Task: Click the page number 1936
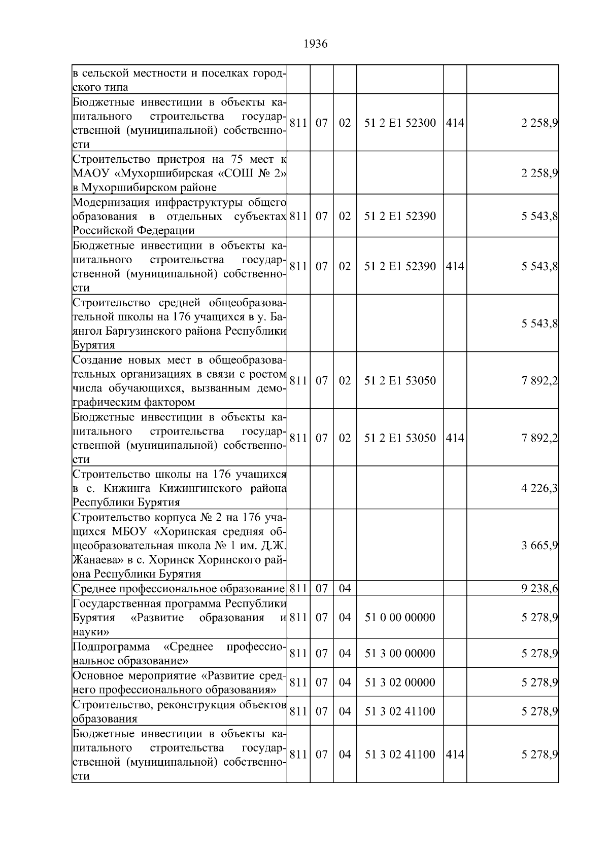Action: tap(315, 44)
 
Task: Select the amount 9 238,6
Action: tap(539, 589)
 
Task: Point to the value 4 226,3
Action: tap(539, 488)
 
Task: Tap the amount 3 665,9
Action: tap(539, 546)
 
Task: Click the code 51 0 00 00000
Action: tap(400, 618)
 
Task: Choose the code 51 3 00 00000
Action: tap(400, 653)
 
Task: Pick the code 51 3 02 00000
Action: tap(400, 682)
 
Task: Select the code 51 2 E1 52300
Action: tap(400, 123)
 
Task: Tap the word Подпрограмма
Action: tap(111, 647)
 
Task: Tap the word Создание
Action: tap(97, 361)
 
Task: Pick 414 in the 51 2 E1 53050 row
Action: tap(455, 438)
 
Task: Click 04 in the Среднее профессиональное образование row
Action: tap(345, 589)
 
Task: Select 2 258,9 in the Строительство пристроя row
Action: tap(539, 173)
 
